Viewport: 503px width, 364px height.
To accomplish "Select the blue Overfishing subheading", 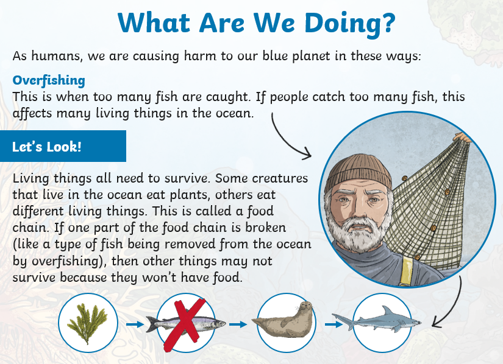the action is (x=49, y=80).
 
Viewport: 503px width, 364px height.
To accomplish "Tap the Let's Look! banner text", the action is (x=46, y=147).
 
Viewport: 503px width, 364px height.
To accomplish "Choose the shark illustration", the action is (x=377, y=320).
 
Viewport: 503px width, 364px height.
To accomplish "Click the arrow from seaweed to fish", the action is (x=135, y=324).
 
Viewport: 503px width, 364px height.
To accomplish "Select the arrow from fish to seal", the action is (x=238, y=324).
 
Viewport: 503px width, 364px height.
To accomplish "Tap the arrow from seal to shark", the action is (x=334, y=324).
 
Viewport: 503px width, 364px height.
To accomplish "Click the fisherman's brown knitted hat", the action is (x=359, y=173).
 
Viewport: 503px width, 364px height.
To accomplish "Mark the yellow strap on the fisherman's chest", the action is (x=406, y=271).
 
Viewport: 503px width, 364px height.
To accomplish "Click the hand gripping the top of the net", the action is (x=462, y=137).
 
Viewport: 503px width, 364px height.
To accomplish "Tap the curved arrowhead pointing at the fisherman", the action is (x=307, y=153).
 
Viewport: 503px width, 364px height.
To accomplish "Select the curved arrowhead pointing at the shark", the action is (x=437, y=322).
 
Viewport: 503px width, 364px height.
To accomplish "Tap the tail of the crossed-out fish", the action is (x=151, y=324).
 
